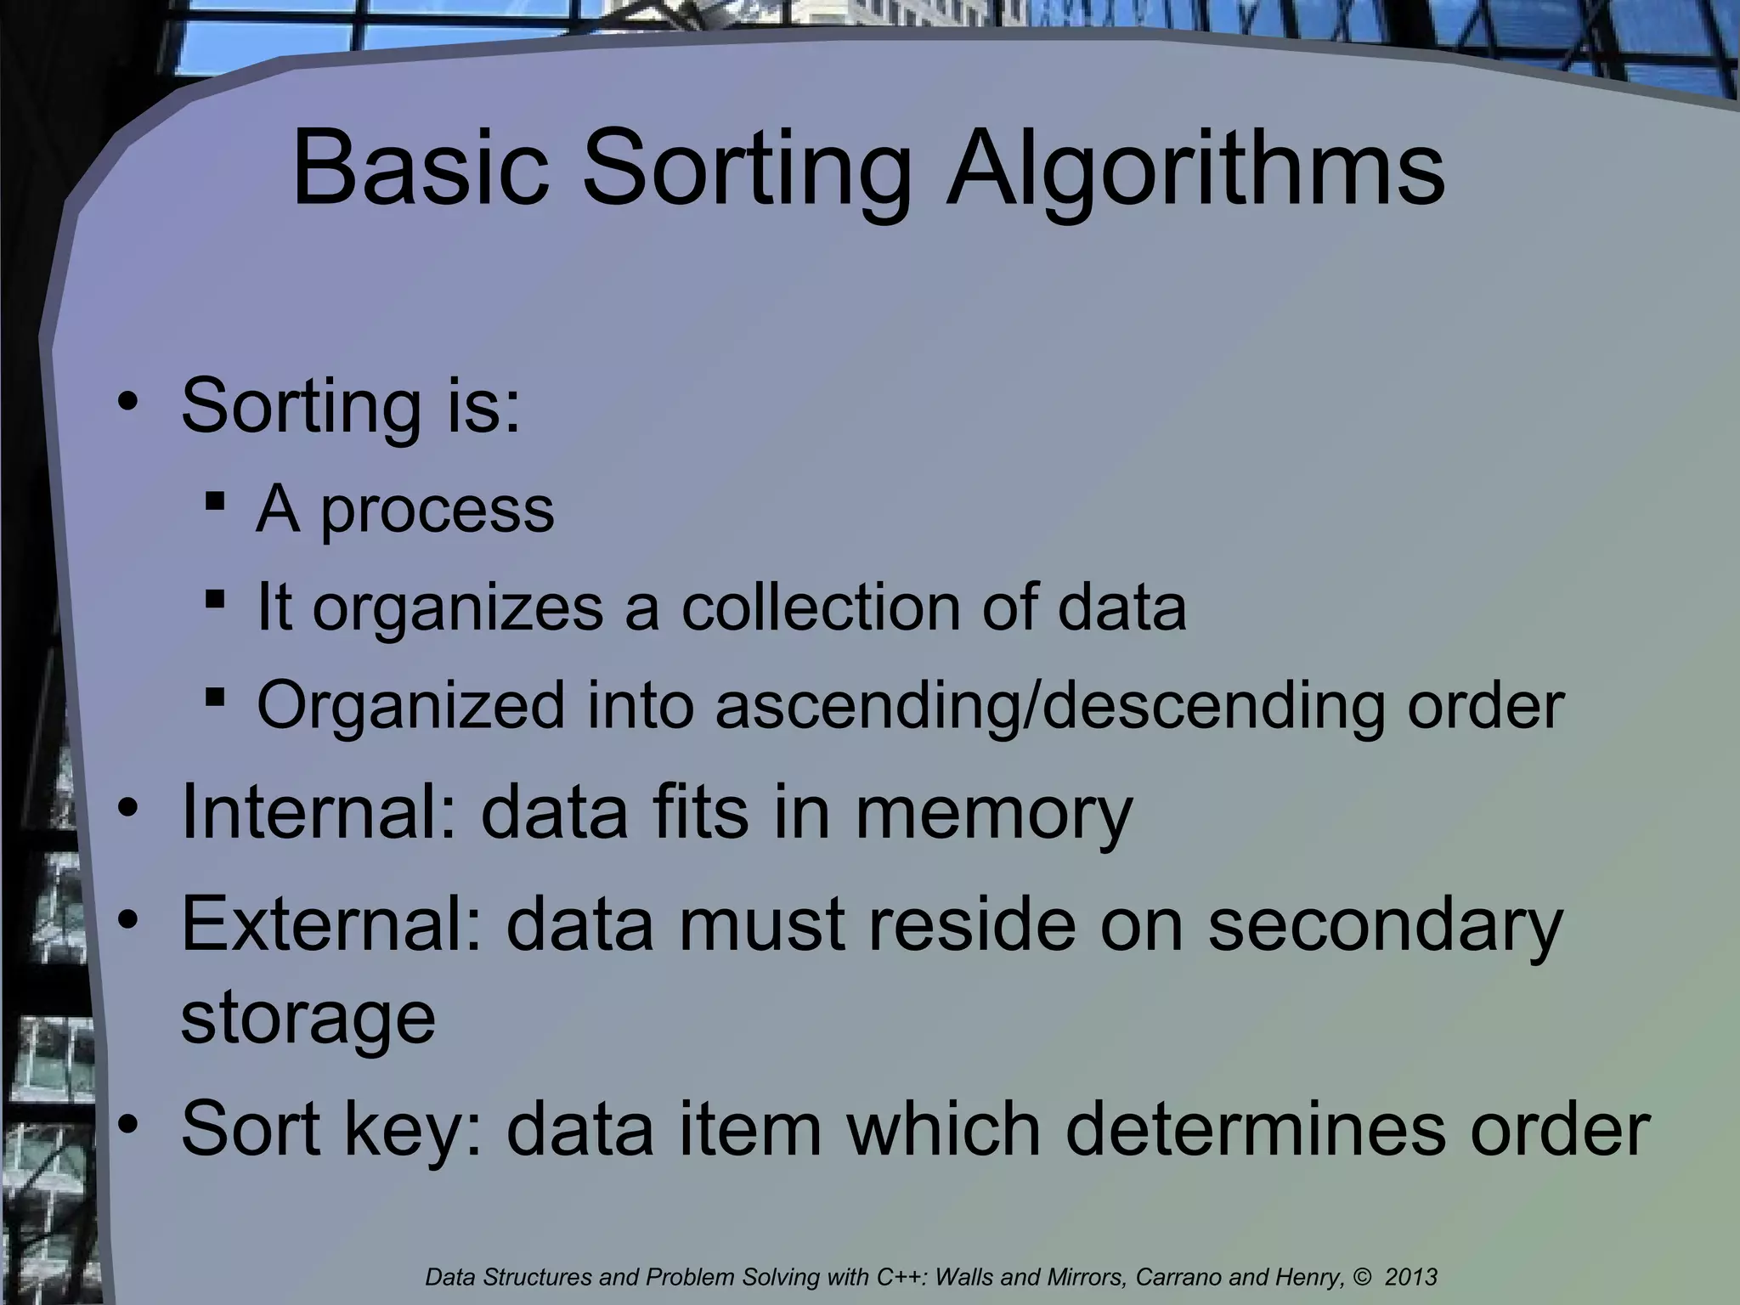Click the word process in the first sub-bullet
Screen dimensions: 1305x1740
[x=438, y=510]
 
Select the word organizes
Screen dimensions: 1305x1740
[x=458, y=609]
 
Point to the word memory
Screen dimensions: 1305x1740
[x=993, y=813]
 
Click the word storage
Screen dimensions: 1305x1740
[x=308, y=1018]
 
